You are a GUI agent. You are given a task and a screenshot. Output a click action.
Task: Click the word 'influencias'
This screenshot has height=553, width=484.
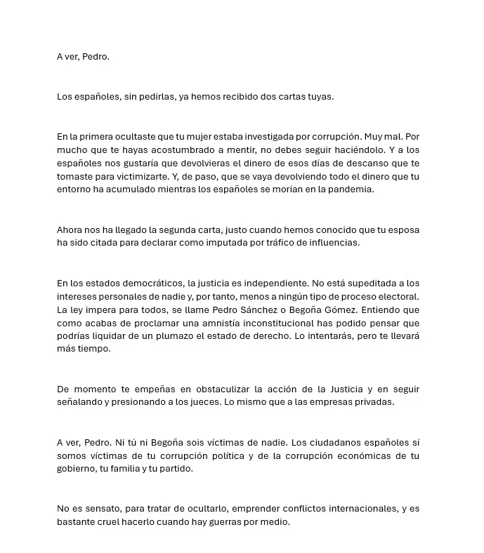[x=334, y=242]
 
